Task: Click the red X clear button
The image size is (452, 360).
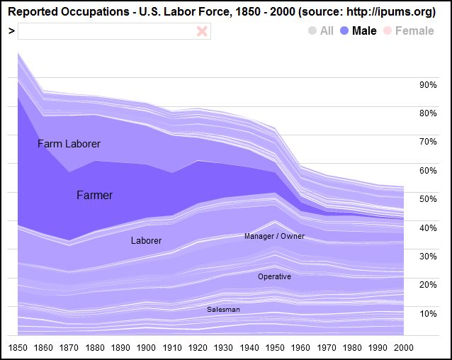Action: (202, 31)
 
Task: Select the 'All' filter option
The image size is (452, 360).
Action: (321, 31)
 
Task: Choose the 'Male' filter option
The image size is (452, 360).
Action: (358, 31)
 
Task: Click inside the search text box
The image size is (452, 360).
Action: (106, 31)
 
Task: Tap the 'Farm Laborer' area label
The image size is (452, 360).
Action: (69, 144)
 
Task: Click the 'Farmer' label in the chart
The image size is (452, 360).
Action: (94, 195)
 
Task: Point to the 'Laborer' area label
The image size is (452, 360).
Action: (146, 241)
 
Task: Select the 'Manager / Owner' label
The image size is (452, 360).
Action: (274, 236)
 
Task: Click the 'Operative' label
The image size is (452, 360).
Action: (274, 276)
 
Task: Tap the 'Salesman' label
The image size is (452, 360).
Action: (223, 310)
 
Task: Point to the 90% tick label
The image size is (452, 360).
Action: (428, 84)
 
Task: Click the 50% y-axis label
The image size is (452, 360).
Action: (428, 199)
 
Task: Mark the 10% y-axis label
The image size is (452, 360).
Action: (428, 313)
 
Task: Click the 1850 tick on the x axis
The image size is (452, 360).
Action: (18, 347)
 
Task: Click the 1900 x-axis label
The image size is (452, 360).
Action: (145, 347)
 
